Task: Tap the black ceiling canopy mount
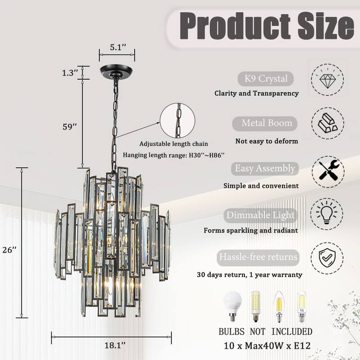pos(117,72)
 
